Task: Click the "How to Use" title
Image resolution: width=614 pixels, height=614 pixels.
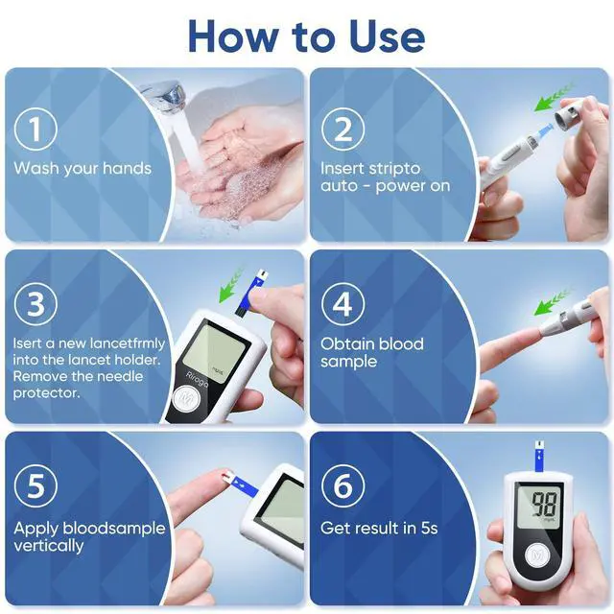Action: click(x=307, y=35)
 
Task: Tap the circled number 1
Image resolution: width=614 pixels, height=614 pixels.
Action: click(x=35, y=130)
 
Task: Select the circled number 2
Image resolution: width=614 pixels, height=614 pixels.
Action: click(x=342, y=130)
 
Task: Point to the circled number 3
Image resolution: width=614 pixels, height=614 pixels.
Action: click(x=35, y=303)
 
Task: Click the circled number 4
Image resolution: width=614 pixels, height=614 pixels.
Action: click(x=342, y=303)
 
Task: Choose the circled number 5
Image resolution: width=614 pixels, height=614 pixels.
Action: click(x=35, y=485)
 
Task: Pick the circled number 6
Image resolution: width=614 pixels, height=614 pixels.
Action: click(x=342, y=485)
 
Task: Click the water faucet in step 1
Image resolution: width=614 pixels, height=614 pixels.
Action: click(x=164, y=96)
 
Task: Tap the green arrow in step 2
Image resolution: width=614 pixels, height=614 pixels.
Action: click(x=553, y=97)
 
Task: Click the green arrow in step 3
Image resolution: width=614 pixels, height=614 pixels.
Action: click(x=231, y=285)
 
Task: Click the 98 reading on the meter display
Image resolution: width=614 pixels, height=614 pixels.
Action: click(x=544, y=504)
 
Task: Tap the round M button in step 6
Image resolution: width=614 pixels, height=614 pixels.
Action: click(x=537, y=555)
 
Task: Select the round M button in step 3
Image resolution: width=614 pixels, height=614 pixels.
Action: click(x=186, y=399)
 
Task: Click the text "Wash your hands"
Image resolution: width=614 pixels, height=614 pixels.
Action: click(x=83, y=169)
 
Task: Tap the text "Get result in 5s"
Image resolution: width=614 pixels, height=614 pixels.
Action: click(x=379, y=528)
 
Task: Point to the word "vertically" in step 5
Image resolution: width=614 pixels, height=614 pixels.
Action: click(x=49, y=546)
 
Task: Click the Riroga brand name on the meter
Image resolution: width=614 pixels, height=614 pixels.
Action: click(x=197, y=379)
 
